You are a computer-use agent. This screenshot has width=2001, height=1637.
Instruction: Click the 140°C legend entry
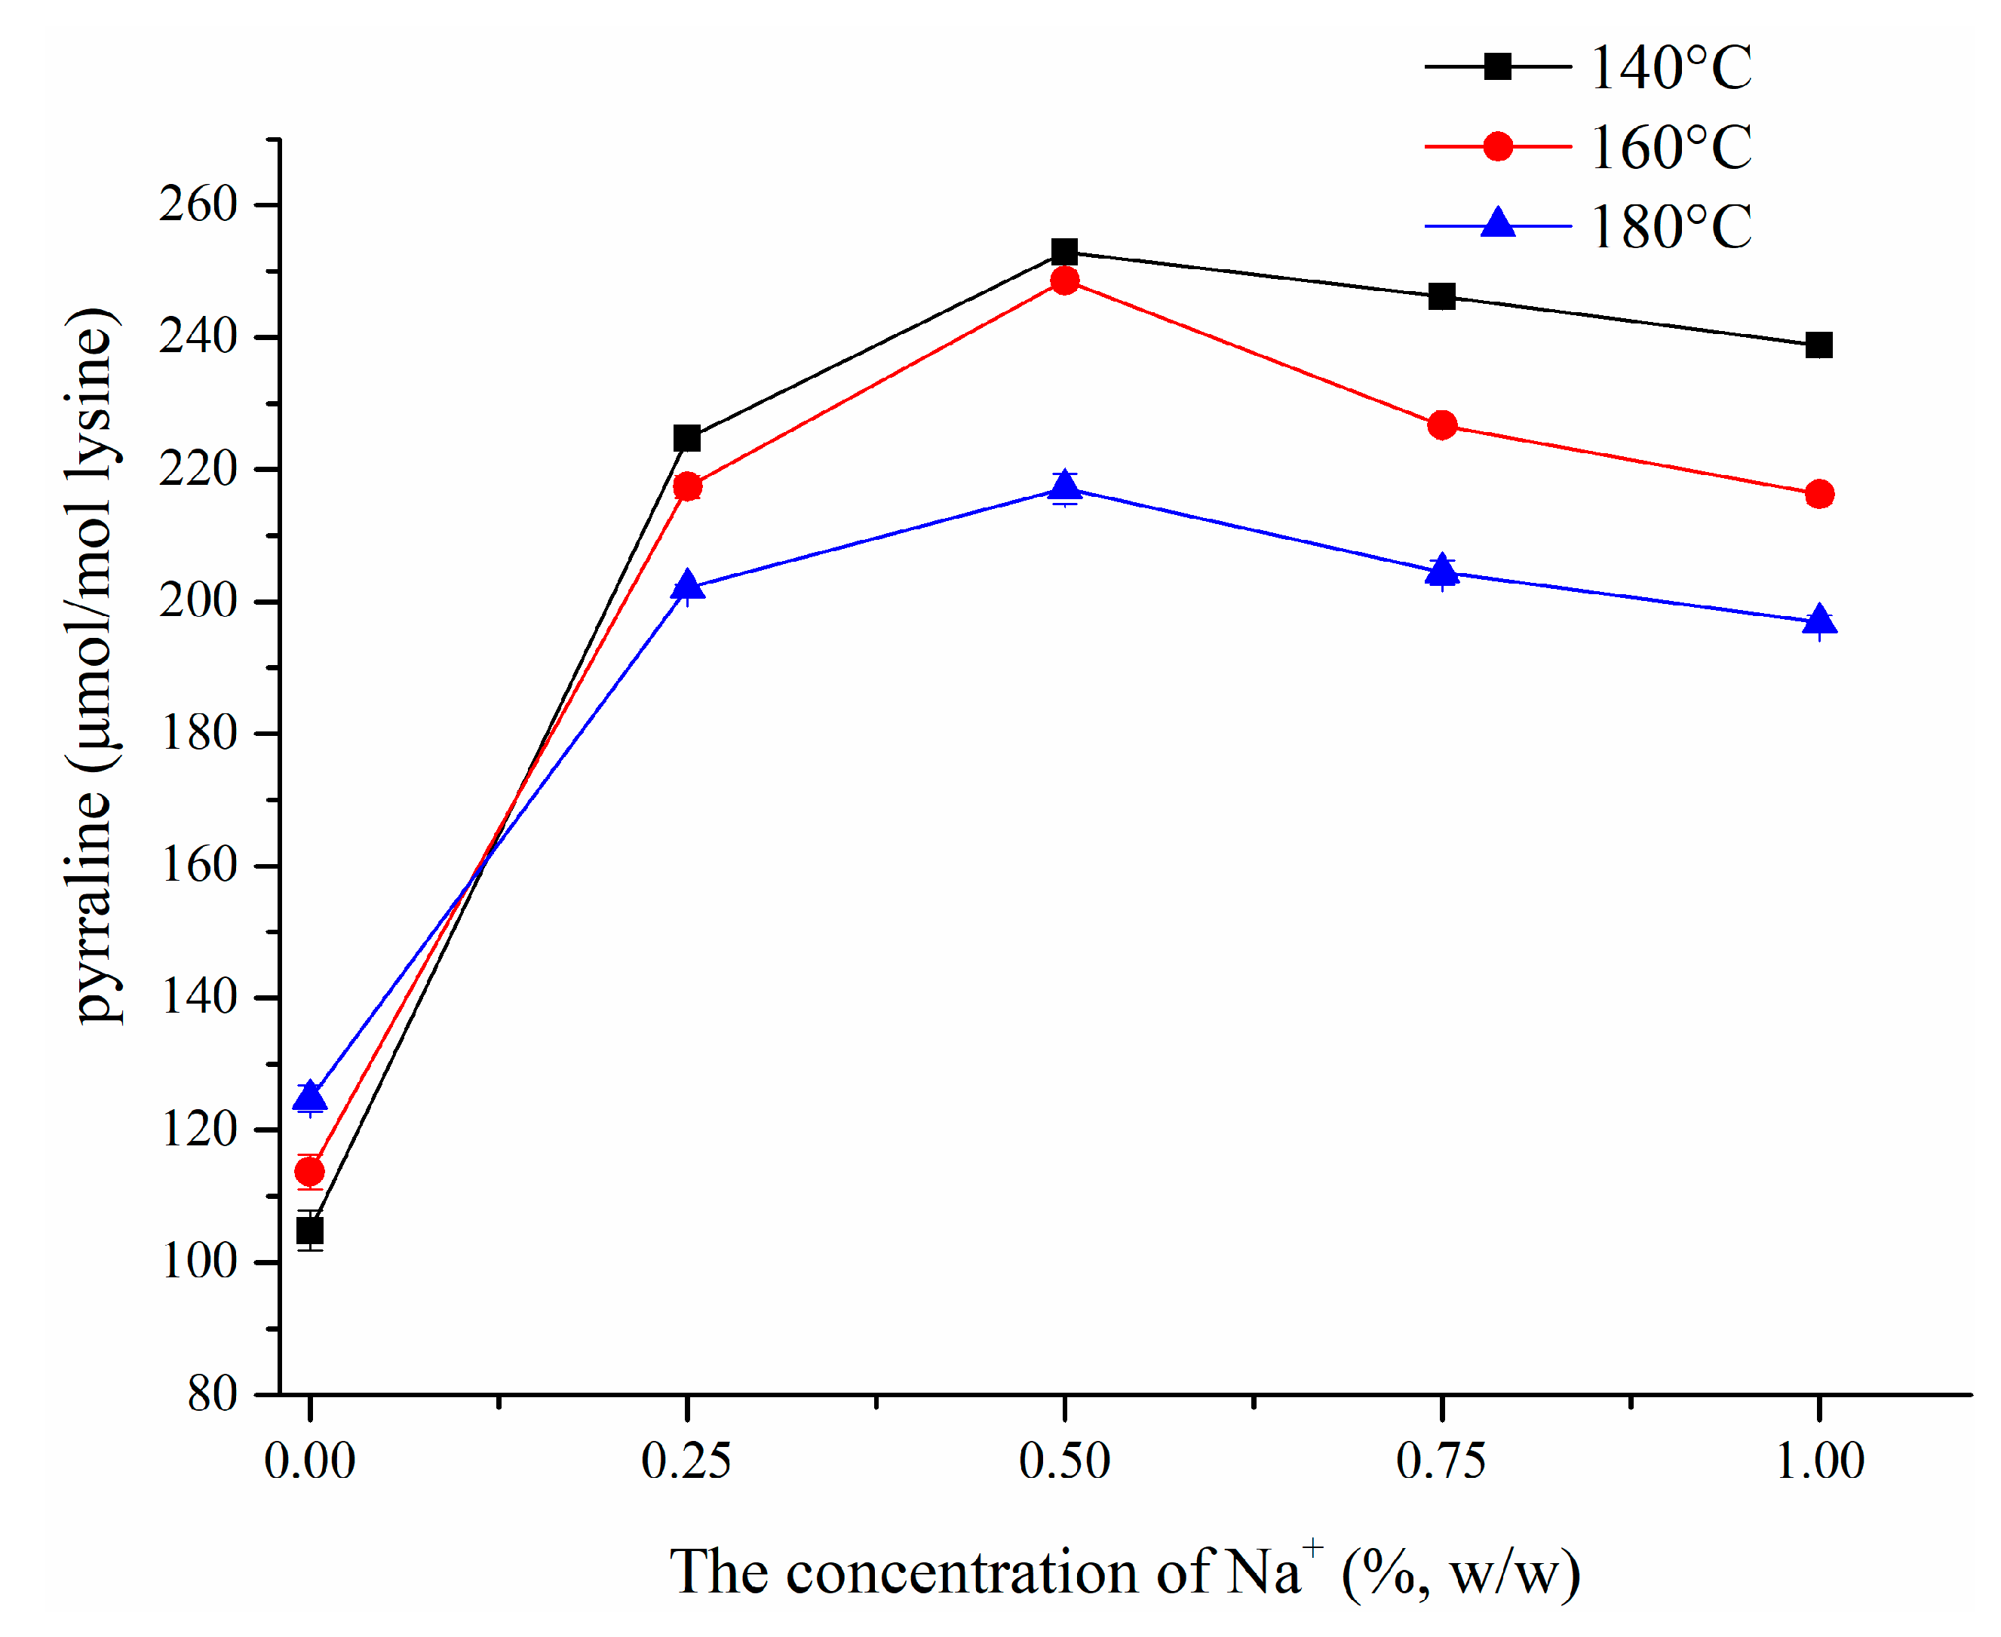pyautogui.click(x=1669, y=68)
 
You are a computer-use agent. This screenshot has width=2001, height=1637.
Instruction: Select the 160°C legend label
pyautogui.click(x=1669, y=148)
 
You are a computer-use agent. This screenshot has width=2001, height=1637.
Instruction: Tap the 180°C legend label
pyautogui.click(x=1669, y=227)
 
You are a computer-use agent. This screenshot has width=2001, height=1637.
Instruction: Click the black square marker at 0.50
pyautogui.click(x=1065, y=252)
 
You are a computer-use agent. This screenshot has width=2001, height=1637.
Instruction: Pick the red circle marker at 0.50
pyautogui.click(x=1065, y=280)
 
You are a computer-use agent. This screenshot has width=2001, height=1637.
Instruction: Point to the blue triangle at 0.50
pyautogui.click(x=1065, y=486)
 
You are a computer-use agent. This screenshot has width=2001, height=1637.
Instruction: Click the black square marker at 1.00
pyautogui.click(x=1819, y=345)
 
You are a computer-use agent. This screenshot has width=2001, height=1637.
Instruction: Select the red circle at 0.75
pyautogui.click(x=1442, y=425)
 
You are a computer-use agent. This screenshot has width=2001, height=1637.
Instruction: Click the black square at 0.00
pyautogui.click(x=310, y=1231)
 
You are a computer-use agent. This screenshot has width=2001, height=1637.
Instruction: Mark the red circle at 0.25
pyautogui.click(x=687, y=486)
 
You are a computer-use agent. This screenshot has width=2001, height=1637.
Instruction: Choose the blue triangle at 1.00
pyautogui.click(x=1819, y=621)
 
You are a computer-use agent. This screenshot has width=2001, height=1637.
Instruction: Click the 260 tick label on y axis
pyautogui.click(x=197, y=204)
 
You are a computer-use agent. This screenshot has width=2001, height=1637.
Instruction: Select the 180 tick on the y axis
pyautogui.click(x=197, y=733)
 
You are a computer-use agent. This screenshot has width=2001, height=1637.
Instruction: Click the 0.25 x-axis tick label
pyautogui.click(x=686, y=1461)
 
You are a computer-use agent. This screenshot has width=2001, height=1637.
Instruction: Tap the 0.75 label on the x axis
pyautogui.click(x=1440, y=1461)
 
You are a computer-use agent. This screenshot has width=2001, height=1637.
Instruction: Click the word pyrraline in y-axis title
pyautogui.click(x=94, y=906)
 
